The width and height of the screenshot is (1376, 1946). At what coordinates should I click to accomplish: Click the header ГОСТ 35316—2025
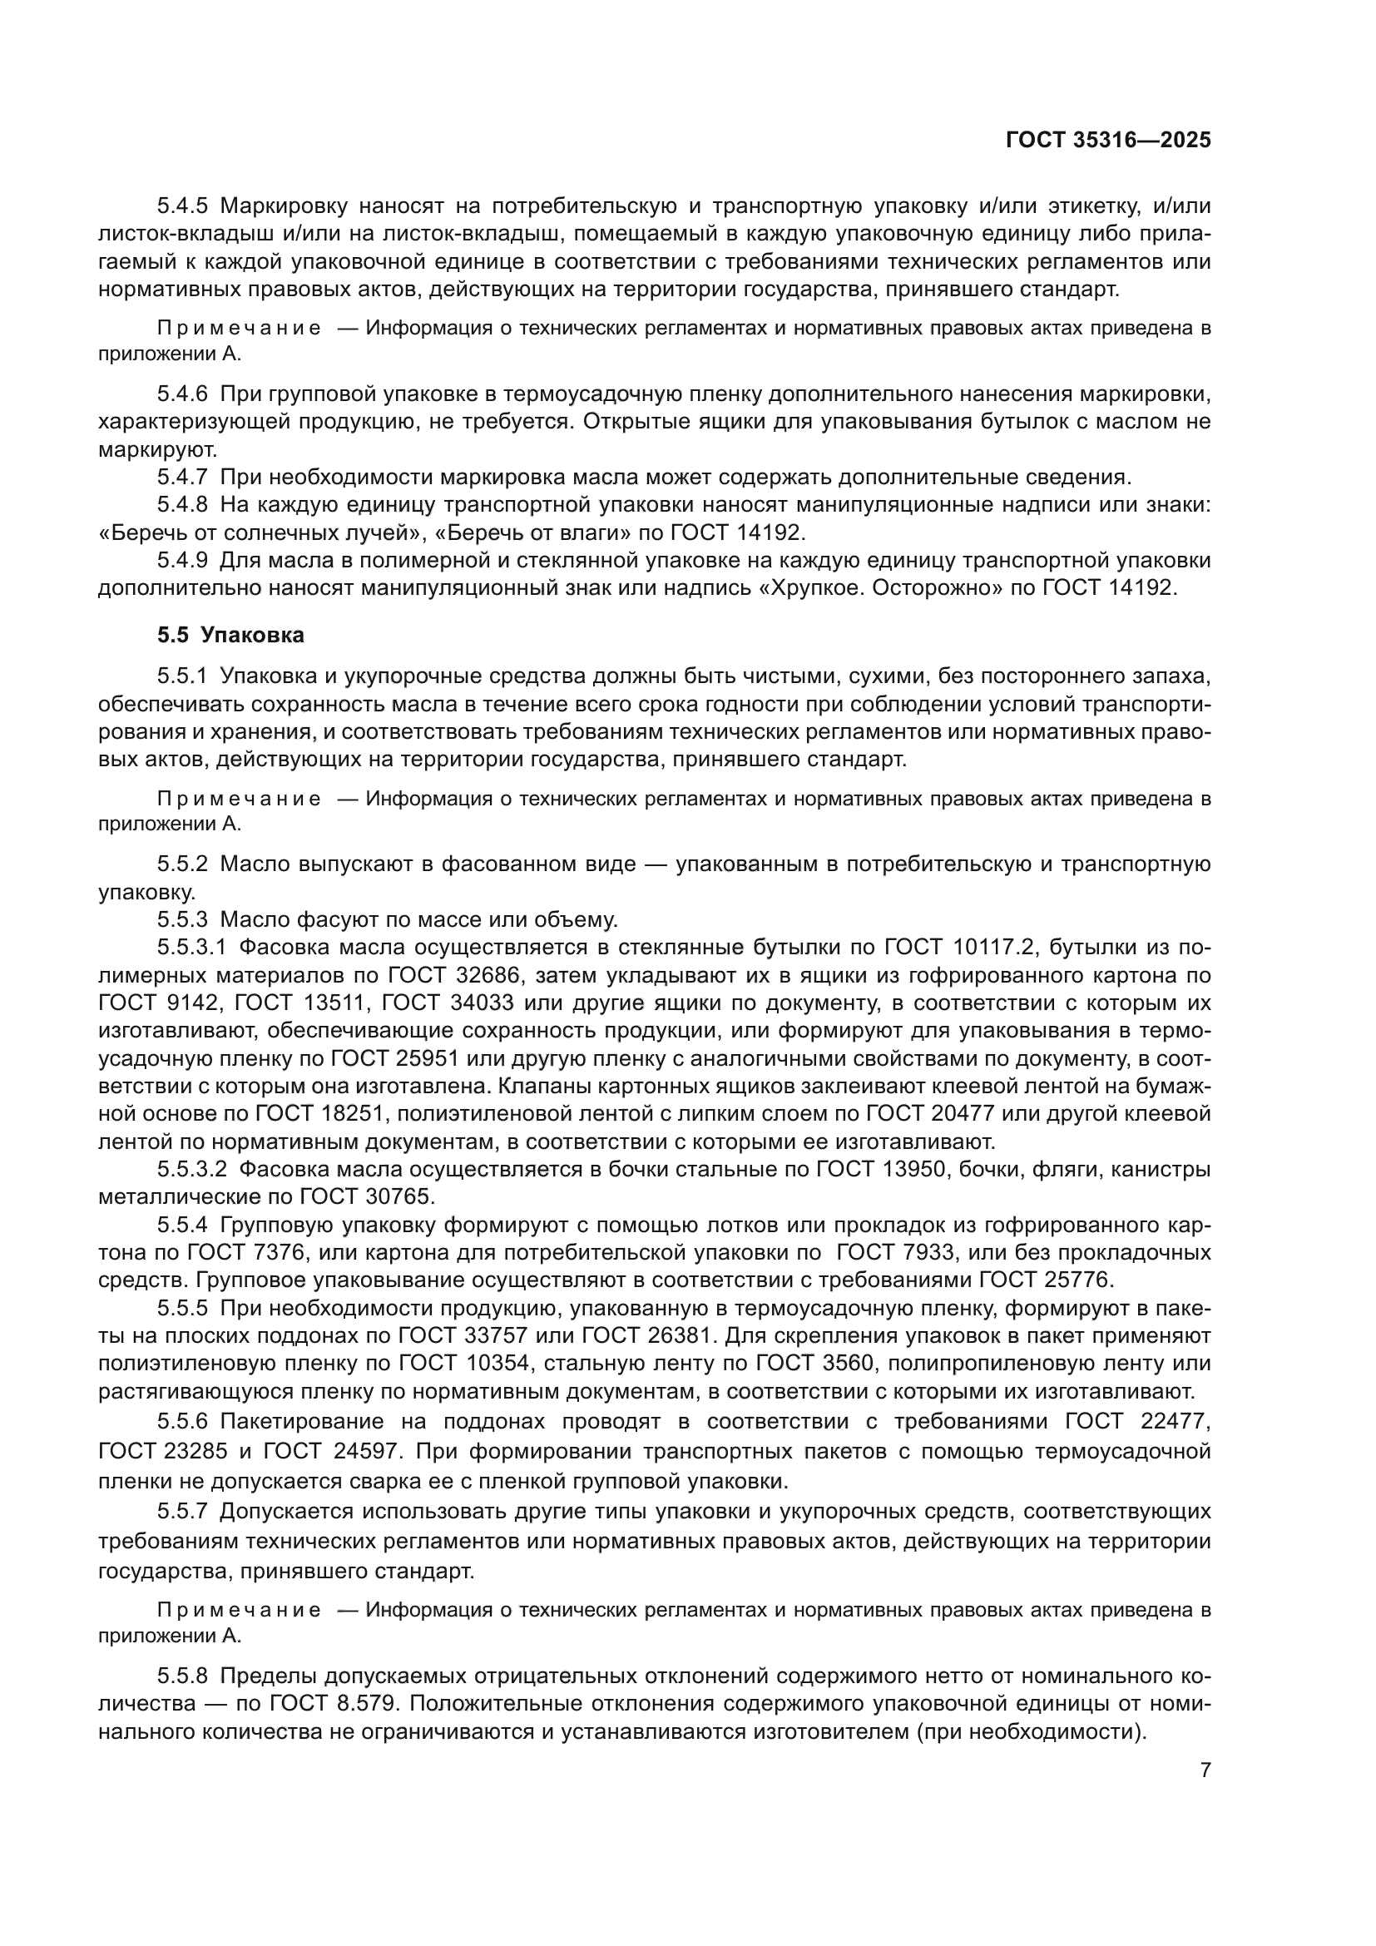tap(1107, 141)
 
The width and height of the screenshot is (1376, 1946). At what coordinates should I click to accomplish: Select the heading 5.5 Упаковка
tap(230, 635)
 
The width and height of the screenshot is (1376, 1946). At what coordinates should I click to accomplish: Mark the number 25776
tap(1076, 1280)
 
